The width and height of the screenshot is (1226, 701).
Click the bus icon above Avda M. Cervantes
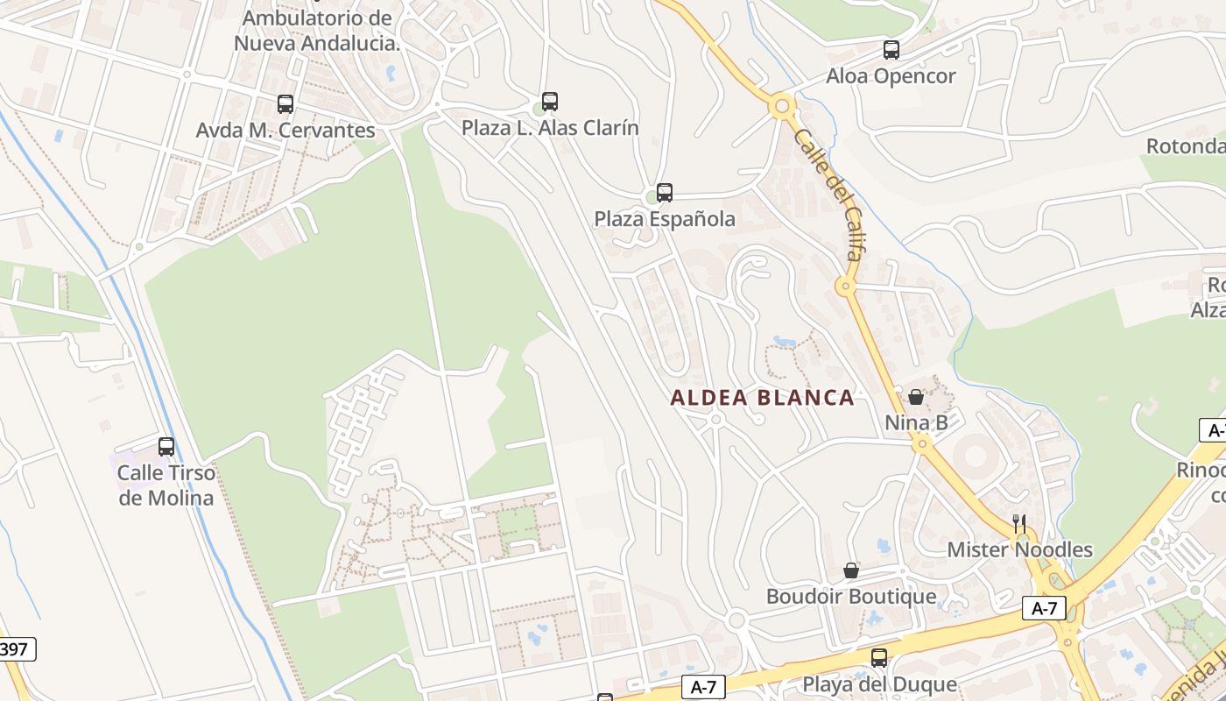pos(285,104)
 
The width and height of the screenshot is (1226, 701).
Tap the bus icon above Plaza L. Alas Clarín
pos(550,102)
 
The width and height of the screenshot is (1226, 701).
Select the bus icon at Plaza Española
pos(665,193)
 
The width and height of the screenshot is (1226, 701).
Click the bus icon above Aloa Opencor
pos(891,50)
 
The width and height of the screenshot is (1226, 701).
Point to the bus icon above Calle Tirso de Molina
pos(166,447)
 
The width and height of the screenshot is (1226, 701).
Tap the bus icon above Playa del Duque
pos(879,658)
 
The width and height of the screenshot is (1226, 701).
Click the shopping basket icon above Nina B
pos(916,397)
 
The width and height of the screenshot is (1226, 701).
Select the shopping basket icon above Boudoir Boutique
pos(851,570)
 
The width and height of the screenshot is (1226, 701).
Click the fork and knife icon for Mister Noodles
pos(1019,524)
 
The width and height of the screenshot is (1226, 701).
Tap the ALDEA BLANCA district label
pos(762,398)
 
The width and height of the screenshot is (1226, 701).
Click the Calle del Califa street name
pos(829,195)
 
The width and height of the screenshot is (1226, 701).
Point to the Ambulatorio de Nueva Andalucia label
pos(317,30)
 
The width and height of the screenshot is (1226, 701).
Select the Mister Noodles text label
pos(1020,550)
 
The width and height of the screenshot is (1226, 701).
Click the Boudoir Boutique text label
pos(851,597)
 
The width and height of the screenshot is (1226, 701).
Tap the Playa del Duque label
pos(878,683)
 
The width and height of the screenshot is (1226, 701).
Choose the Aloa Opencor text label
pos(891,76)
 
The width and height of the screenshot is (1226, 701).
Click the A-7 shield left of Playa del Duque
pos(703,688)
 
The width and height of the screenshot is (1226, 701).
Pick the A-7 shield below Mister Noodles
pos(1044,608)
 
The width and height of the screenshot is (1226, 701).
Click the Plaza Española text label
pos(665,218)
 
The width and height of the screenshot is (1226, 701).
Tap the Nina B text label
pos(916,423)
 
